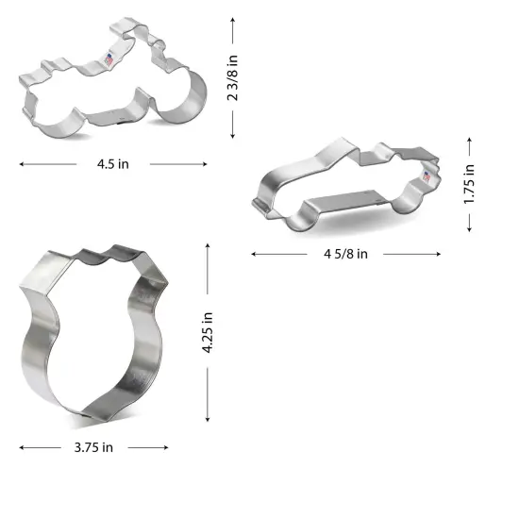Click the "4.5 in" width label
(x=112, y=163)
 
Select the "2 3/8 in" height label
(x=233, y=77)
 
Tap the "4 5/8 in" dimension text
(x=345, y=253)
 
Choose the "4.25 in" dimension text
(x=208, y=334)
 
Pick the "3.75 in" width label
(x=93, y=446)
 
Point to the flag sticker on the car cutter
(x=426, y=176)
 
